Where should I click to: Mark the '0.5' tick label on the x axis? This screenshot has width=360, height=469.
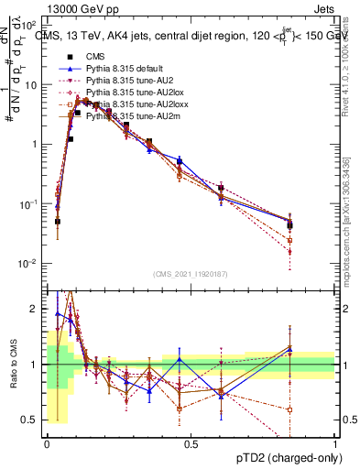[x=191, y=443]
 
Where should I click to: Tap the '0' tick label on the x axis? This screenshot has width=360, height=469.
[x=47, y=443]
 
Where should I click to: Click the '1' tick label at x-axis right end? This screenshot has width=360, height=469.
[x=334, y=443]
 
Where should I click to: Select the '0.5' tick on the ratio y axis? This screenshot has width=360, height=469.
[x=32, y=420]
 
